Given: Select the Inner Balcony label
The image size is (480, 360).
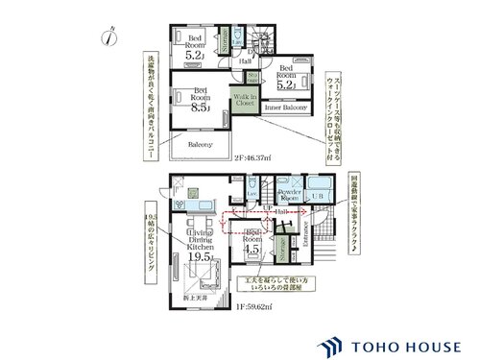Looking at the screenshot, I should coord(285,108).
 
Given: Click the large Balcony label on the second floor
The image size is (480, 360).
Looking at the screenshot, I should coord(200,144).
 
